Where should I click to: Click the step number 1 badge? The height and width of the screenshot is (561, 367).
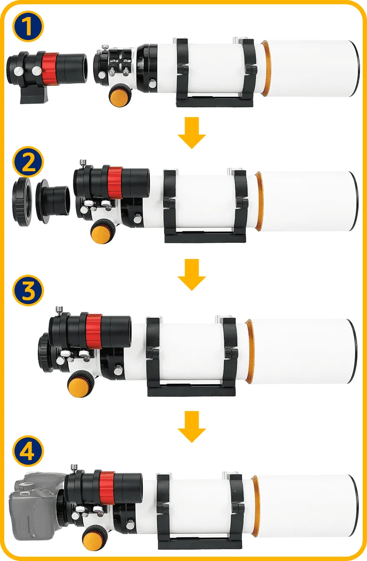point(28,26)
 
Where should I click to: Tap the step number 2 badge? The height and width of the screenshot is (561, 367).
point(28,162)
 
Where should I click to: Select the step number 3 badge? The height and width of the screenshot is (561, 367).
point(28,291)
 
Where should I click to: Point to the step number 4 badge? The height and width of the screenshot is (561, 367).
point(28,451)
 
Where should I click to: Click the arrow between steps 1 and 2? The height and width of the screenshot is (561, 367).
point(192,133)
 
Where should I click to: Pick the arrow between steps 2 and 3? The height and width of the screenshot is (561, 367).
point(192,275)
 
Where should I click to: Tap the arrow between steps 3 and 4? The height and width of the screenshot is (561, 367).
point(192,427)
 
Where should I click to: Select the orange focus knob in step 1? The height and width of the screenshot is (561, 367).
point(120,95)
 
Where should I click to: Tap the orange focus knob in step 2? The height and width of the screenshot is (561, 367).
point(103,231)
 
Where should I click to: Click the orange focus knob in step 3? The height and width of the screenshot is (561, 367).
point(81,383)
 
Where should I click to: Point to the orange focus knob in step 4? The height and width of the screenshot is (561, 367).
point(95,538)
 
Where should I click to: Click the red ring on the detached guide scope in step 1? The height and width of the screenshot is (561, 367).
point(50,69)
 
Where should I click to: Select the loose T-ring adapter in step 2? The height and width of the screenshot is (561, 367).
point(22,201)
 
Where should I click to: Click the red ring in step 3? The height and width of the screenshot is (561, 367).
point(94,331)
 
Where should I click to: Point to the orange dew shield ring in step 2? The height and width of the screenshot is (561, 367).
point(259,201)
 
